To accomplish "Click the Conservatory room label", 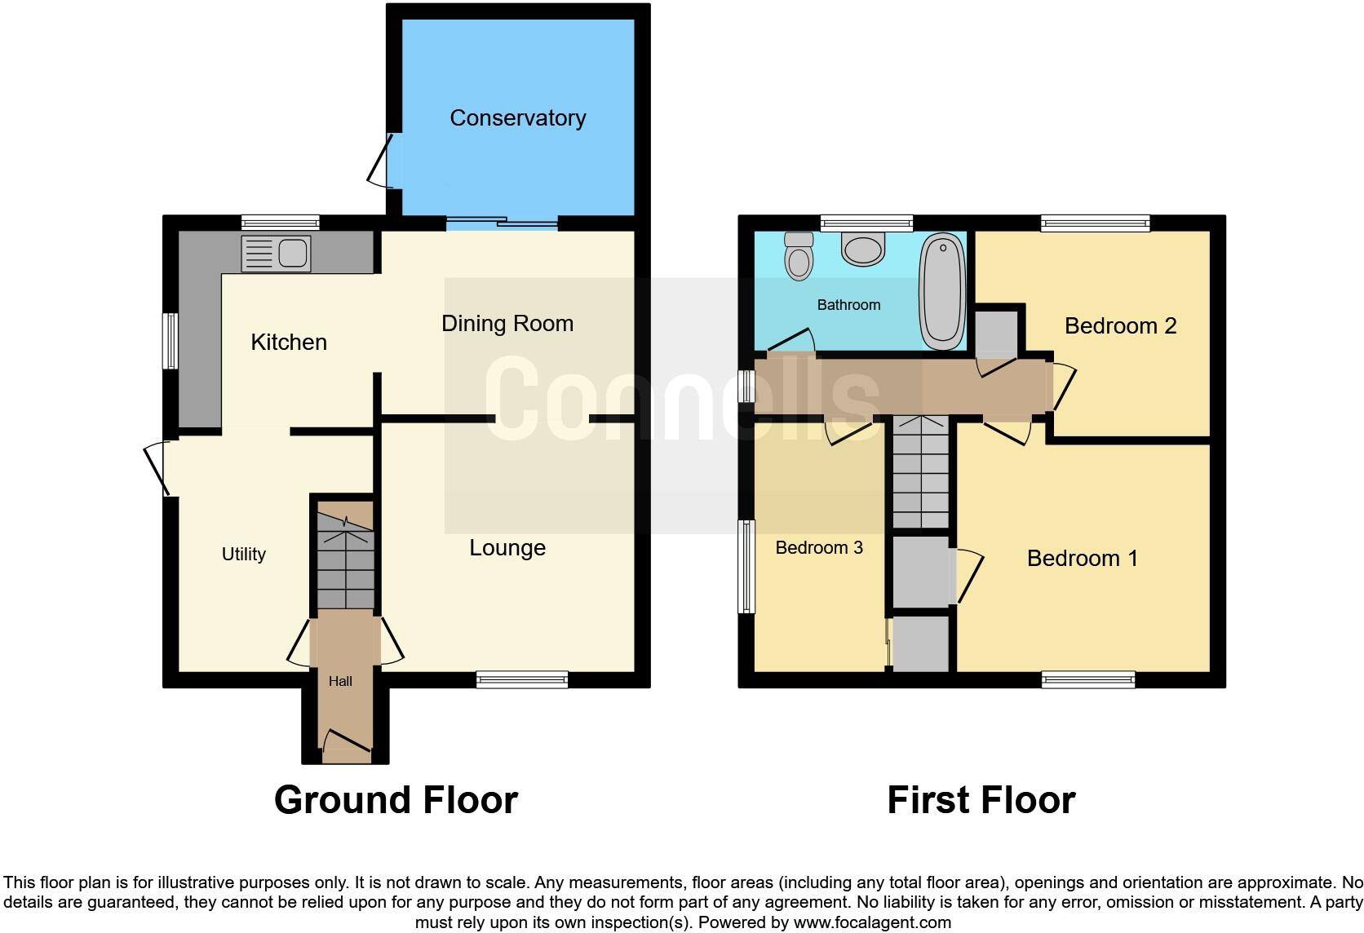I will pos(517,118).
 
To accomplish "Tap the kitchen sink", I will pos(276,253).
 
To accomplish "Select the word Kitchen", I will pos(289,342).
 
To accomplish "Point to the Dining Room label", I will pos(507,324).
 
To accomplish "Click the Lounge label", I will pos(507,548).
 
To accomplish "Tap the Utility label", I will pos(243,555).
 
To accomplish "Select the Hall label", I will pos(340,681).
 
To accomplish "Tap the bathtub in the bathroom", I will pos(942,291).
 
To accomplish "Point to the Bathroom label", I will pos(848,305).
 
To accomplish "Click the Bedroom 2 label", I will pos(1120,326).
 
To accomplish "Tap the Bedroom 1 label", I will pos(1082,559).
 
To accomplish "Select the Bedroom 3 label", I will pos(818,548).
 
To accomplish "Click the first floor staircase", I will pos(921,473).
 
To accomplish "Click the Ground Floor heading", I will pos(396,800).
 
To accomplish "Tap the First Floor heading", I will pos(981,800).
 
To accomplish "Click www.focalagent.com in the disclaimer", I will pos(871,923).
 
